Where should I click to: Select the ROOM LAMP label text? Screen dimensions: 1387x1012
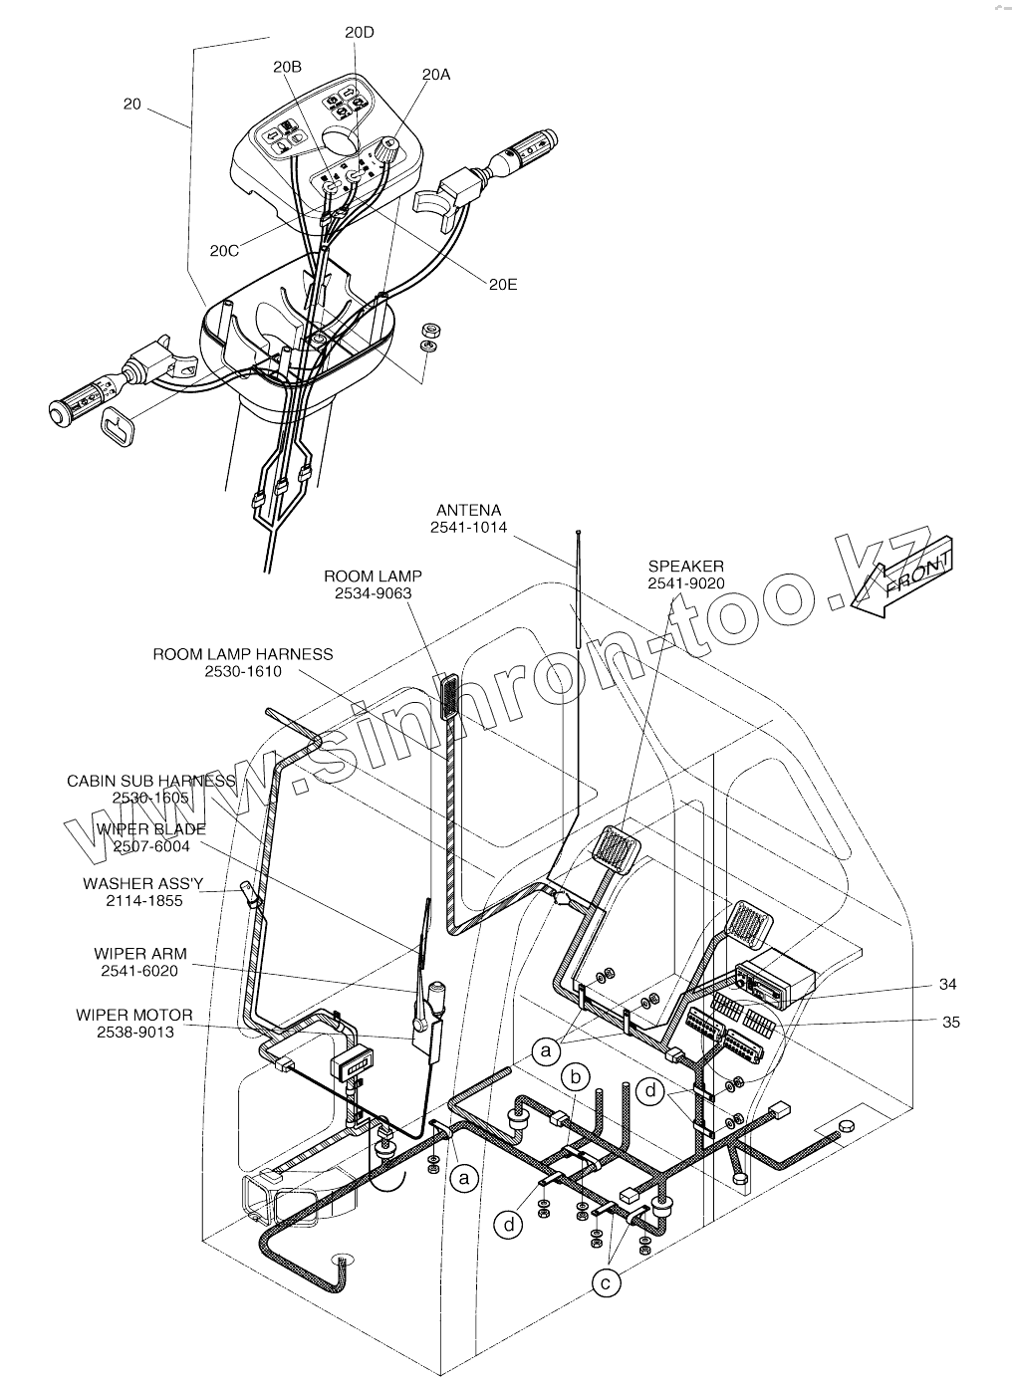(373, 576)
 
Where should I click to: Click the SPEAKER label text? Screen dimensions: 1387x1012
(685, 567)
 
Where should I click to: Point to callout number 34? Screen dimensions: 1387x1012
(947, 985)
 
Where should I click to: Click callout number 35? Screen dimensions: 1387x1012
(951, 1022)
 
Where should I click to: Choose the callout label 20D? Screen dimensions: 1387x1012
(360, 32)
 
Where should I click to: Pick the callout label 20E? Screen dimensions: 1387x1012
(503, 284)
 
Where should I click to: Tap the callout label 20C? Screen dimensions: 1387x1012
(224, 251)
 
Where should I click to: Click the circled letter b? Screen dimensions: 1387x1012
(574, 1076)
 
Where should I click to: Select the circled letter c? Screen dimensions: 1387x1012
(605, 1283)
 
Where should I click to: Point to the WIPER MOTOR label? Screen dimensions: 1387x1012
(134, 1015)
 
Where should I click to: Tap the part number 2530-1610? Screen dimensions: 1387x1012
(243, 671)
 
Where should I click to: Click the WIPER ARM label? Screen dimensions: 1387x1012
(140, 954)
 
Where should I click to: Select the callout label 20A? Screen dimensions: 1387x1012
(435, 75)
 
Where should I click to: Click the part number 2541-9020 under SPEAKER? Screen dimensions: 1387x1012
(685, 583)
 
